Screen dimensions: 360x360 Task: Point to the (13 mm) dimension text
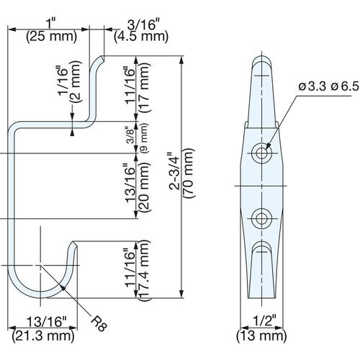click(263, 336)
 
